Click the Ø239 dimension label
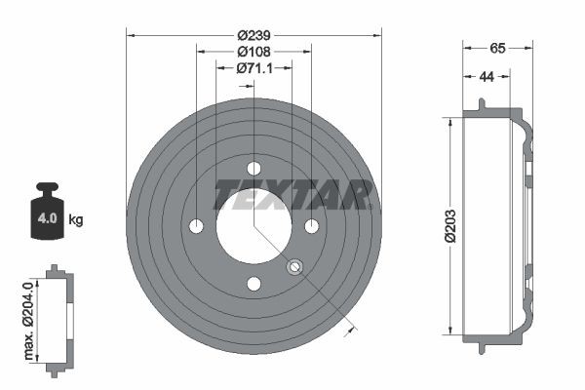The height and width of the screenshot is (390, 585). (253, 32)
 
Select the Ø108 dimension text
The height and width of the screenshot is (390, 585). (253, 51)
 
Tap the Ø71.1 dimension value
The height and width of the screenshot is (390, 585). (253, 68)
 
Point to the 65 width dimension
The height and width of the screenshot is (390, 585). (497, 46)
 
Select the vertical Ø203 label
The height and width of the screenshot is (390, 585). (450, 226)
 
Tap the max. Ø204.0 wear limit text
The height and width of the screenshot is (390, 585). (28, 317)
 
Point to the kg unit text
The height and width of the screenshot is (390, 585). (76, 219)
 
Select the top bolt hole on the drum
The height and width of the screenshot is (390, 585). (253, 169)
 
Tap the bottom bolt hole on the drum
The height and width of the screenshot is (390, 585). (253, 284)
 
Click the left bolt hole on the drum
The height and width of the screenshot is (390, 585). (196, 226)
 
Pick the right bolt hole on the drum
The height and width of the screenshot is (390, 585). (311, 226)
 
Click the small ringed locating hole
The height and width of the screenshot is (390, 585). (295, 266)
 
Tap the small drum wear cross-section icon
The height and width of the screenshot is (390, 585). (58, 316)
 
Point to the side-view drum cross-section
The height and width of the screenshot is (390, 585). (497, 226)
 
